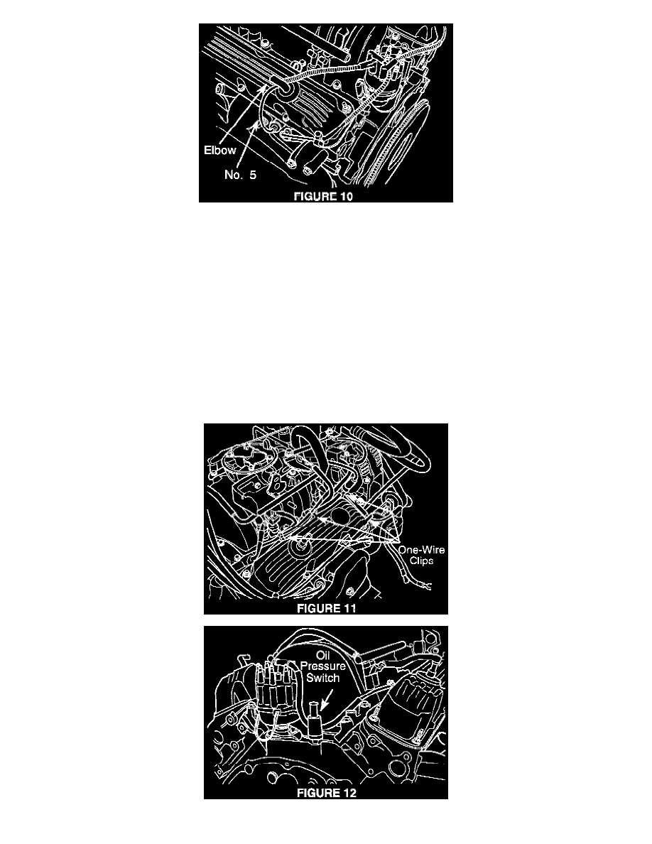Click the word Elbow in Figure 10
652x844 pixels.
point(219,150)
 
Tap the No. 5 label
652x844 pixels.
point(240,174)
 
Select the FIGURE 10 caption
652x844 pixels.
point(323,196)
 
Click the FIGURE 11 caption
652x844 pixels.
point(327,608)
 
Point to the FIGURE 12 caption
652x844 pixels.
point(327,793)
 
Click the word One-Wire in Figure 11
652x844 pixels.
point(421,550)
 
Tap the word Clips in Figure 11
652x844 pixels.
point(422,561)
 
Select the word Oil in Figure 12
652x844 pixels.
point(322,656)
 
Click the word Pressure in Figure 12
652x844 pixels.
point(322,666)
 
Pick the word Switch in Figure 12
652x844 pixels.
point(322,678)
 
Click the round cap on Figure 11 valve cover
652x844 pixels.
point(298,548)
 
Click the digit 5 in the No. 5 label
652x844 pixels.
point(253,174)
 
